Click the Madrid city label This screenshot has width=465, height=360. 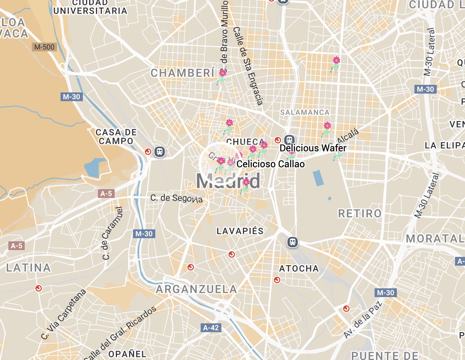coord(228,181)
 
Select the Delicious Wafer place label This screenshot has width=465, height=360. coord(313,148)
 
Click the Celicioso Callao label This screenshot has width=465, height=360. coord(271,164)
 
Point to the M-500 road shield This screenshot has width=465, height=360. coord(44,47)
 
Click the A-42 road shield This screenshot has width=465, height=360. coord(211,328)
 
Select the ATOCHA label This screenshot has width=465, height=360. coord(299,269)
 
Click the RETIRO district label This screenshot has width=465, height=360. coord(360,214)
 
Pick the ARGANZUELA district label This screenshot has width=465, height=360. coord(196,289)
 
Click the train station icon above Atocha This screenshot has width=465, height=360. coord(293,242)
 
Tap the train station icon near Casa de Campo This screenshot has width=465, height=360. coord(160,152)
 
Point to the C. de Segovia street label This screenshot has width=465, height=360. coord(176,198)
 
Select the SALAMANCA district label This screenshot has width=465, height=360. coord(305,112)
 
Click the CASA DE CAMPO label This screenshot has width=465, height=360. coord(116,136)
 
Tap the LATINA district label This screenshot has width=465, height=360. coord(29,268)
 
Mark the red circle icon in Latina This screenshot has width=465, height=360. coord(39,288)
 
